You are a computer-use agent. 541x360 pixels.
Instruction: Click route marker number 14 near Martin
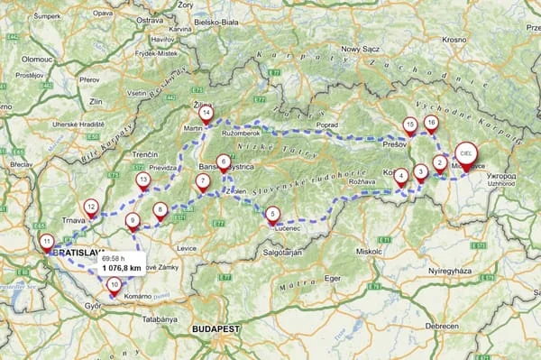tap(206, 114)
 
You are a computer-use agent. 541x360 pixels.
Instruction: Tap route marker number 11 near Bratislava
tap(46, 241)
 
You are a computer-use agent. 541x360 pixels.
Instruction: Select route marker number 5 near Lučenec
tap(272, 213)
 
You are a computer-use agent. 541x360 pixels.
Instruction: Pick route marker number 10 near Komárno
tap(114, 284)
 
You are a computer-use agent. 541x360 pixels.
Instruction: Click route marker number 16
tap(431, 122)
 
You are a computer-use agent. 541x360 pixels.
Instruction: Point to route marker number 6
tap(223, 160)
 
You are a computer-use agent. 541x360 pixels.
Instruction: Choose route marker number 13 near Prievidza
tap(142, 180)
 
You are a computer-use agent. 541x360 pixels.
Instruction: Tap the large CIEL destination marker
tap(466, 154)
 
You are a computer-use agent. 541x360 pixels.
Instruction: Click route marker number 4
tap(400, 176)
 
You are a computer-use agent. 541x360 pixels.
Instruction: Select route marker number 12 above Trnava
tap(90, 207)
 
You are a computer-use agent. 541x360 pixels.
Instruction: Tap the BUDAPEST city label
tap(212, 330)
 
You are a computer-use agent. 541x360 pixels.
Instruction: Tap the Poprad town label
tap(327, 125)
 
